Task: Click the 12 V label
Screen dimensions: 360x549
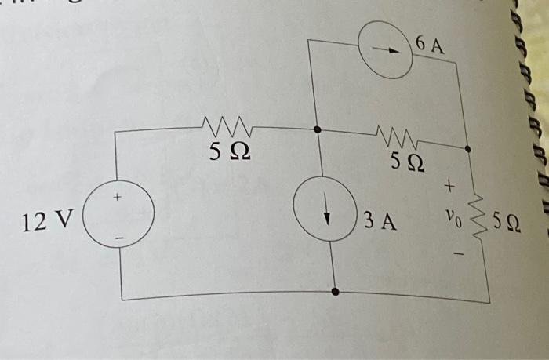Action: tap(46, 222)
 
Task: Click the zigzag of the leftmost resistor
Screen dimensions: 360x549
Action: tap(226, 125)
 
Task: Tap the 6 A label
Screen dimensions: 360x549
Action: tap(430, 45)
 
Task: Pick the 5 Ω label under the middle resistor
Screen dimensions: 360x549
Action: tap(409, 164)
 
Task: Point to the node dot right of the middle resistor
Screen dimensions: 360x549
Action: tap(468, 147)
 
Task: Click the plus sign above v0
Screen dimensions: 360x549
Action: tap(449, 187)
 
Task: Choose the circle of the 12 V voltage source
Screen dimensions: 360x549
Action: tap(118, 217)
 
